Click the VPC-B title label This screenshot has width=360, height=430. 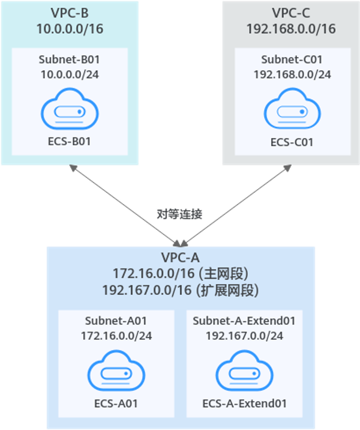tap(70, 13)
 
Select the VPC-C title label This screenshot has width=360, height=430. tap(292, 13)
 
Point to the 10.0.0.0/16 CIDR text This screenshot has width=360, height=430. tap(70, 28)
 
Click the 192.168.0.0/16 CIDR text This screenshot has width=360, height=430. tap(292, 28)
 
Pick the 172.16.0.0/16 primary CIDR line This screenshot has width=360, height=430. tap(181, 274)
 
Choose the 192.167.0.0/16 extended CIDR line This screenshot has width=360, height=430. tap(181, 290)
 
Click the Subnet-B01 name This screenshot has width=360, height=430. tap(70, 59)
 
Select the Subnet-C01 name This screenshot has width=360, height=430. tap(292, 59)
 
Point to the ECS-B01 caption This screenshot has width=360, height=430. tap(70, 142)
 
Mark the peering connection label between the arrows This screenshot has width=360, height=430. tap(180, 214)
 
